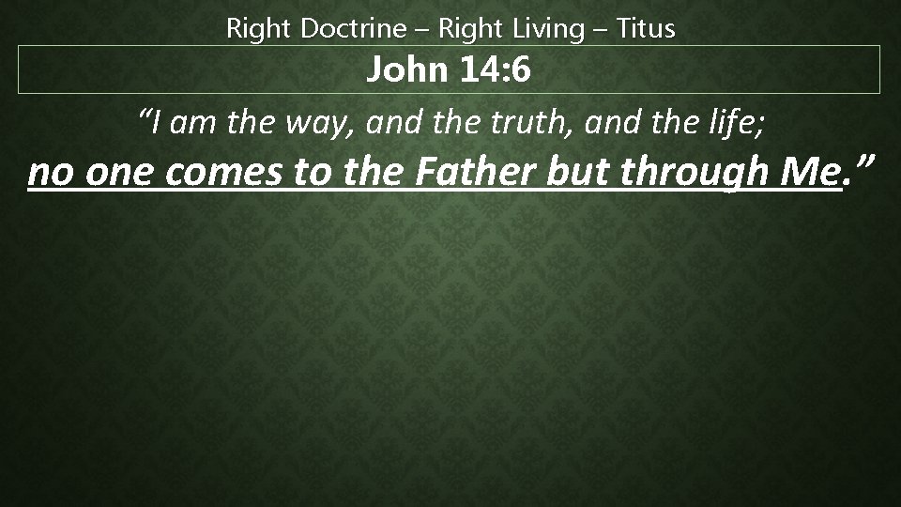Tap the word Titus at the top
pyautogui.click(x=646, y=29)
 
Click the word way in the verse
pyautogui.click(x=294, y=123)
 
